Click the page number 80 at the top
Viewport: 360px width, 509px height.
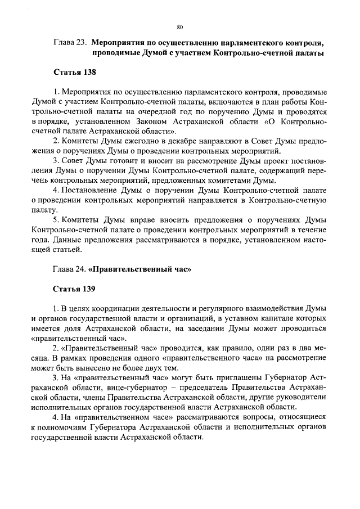(x=179, y=26)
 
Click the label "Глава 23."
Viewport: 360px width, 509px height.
(x=70, y=42)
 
